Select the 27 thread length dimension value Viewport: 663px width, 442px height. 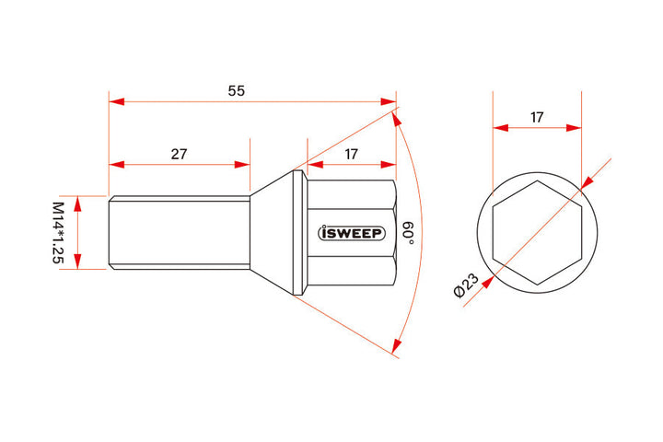point(179,154)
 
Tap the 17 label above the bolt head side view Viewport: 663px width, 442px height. point(351,154)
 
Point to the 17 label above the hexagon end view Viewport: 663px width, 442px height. point(537,117)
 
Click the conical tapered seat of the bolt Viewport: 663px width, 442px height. point(272,232)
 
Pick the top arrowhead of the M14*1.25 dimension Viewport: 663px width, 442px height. point(78,202)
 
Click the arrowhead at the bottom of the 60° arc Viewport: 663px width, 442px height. point(396,347)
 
